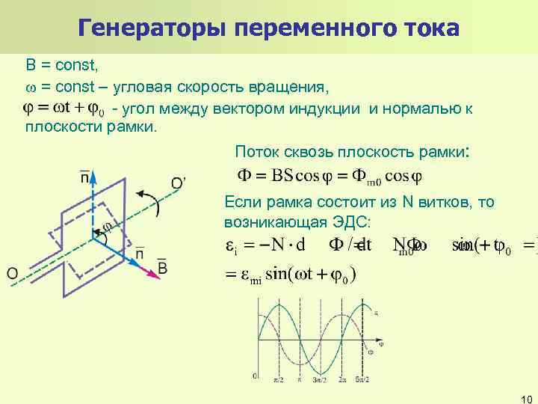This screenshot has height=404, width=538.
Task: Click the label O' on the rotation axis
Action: click(179, 183)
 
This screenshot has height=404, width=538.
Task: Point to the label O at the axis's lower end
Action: click(13, 275)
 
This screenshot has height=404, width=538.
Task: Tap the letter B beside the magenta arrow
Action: click(162, 267)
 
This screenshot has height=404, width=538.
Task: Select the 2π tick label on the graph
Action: click(341, 381)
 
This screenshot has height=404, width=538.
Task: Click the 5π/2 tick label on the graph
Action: click(364, 381)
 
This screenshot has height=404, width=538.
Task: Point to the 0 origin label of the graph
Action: click(255, 375)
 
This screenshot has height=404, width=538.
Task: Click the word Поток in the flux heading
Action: click(254, 152)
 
